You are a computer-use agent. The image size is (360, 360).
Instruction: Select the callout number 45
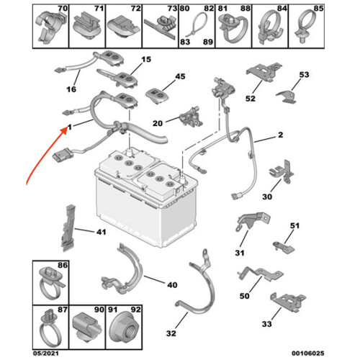[x=180, y=76]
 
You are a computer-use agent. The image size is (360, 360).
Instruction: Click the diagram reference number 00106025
[x=308, y=353]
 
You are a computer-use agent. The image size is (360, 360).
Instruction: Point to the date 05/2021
[x=45, y=353]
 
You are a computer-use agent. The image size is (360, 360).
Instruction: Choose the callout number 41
[x=101, y=232]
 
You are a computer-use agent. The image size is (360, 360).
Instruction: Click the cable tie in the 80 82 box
[x=197, y=26]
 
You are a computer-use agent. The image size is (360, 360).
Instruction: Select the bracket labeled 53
[x=287, y=96]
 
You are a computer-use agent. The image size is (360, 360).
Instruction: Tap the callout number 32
[x=171, y=333]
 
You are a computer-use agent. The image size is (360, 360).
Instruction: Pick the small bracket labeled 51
[x=284, y=248]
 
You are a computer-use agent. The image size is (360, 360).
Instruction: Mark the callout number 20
[x=158, y=123]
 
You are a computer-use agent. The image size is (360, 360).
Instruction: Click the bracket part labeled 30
[x=282, y=171]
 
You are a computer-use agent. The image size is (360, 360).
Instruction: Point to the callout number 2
[x=281, y=135]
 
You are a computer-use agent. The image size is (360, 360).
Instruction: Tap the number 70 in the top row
[x=63, y=9]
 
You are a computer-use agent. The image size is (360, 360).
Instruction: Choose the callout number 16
[x=71, y=89]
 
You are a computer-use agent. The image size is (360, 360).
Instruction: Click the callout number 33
[x=266, y=324]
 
